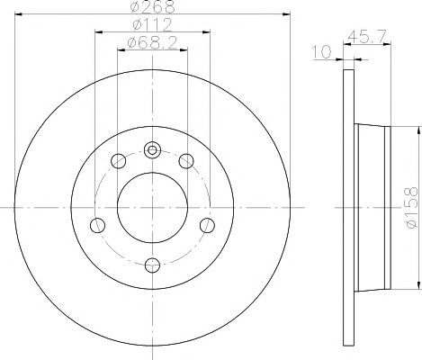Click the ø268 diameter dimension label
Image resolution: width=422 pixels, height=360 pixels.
(x=152, y=6)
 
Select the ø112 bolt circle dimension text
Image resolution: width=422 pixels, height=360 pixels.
(x=152, y=24)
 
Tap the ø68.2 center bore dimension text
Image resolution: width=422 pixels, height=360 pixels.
(x=152, y=43)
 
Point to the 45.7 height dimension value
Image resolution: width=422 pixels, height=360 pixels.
(x=366, y=37)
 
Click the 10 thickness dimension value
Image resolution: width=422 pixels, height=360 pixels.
(x=322, y=52)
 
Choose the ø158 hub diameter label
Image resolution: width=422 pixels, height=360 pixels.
(x=411, y=207)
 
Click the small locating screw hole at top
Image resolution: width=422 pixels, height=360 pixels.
(x=152, y=149)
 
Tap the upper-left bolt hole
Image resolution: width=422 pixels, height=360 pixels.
(x=118, y=161)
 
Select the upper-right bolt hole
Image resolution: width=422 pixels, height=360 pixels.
(x=186, y=161)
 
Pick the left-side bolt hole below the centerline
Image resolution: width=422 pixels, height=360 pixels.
(x=97, y=225)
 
